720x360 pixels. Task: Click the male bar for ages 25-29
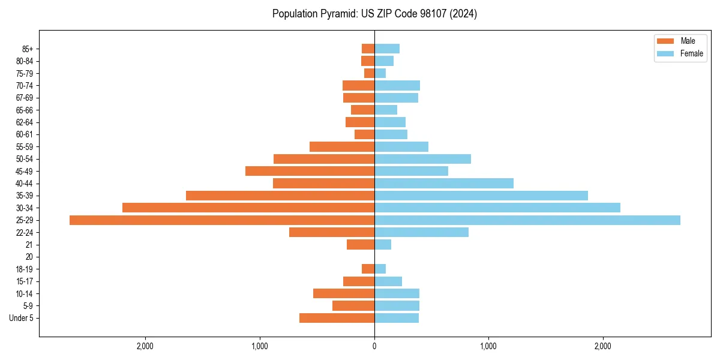222,220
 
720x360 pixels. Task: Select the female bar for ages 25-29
527,220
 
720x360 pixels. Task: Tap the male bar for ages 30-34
248,208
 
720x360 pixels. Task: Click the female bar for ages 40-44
444,183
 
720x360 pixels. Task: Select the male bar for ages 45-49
310,171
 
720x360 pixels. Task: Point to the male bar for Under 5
337,318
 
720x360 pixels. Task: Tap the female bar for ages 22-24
421,232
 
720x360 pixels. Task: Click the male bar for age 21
361,245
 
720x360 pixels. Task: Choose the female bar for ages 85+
387,49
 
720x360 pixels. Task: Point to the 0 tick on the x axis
374,346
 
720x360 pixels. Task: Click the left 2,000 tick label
145,346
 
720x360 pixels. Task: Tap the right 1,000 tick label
488,346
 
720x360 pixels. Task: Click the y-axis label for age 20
29,257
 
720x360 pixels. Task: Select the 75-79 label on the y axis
25,73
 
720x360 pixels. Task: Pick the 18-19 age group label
25,269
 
